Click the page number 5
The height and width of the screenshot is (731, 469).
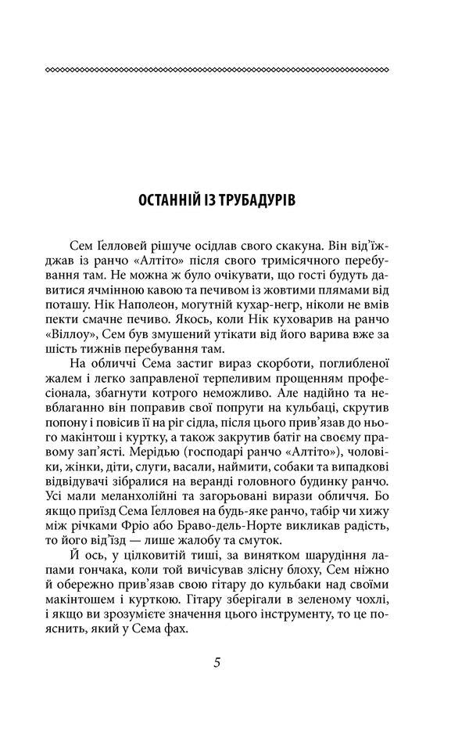pyautogui.click(x=217, y=661)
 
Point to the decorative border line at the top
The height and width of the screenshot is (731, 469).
pyautogui.click(x=217, y=70)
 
